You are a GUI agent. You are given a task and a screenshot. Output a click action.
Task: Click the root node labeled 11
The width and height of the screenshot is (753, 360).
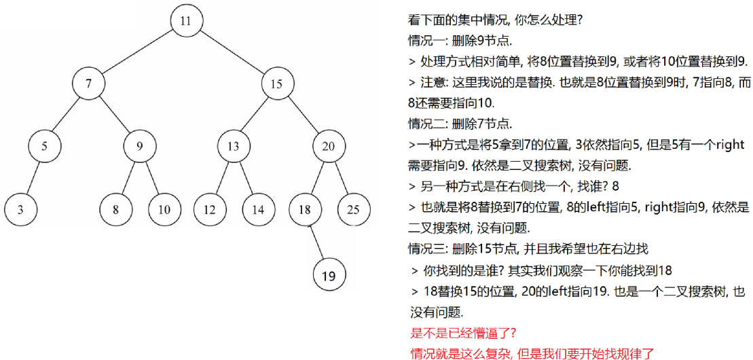pyautogui.click(x=186, y=21)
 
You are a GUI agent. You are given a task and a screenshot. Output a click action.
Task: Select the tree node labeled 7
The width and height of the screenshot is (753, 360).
pyautogui.click(x=88, y=84)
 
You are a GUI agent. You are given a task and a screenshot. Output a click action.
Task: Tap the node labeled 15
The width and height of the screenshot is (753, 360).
pyautogui.click(x=278, y=84)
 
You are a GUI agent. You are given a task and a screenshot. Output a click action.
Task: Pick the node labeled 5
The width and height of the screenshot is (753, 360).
pyautogui.click(x=43, y=146)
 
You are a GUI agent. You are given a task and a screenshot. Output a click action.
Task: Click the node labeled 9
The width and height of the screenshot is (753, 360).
pyautogui.click(x=140, y=146)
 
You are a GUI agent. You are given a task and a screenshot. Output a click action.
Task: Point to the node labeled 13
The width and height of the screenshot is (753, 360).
pyautogui.click(x=234, y=146)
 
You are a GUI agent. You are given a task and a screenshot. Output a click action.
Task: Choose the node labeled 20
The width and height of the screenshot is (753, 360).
pyautogui.click(x=329, y=146)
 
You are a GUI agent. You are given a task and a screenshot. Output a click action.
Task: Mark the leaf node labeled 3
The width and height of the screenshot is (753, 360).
pyautogui.click(x=20, y=210)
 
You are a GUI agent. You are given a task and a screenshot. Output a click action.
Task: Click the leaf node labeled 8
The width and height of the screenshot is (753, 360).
pyautogui.click(x=115, y=210)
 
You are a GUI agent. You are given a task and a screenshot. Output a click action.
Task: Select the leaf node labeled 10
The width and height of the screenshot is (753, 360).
pyautogui.click(x=164, y=210)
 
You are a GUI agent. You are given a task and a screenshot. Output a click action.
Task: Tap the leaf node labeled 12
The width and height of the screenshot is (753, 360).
pyautogui.click(x=210, y=210)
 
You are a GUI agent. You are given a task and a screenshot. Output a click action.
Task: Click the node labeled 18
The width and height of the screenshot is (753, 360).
pyautogui.click(x=305, y=210)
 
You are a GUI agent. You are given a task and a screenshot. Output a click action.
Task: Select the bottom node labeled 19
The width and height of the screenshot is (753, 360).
pyautogui.click(x=329, y=276)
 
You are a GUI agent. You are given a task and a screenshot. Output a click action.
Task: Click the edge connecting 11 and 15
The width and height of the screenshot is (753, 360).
pyautogui.click(x=232, y=52)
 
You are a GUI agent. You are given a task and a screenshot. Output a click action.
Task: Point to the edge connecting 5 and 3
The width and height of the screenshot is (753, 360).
pyautogui.click(x=32, y=178)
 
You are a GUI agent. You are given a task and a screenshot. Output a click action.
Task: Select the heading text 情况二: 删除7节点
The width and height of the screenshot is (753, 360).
pyautogui.click(x=460, y=124)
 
